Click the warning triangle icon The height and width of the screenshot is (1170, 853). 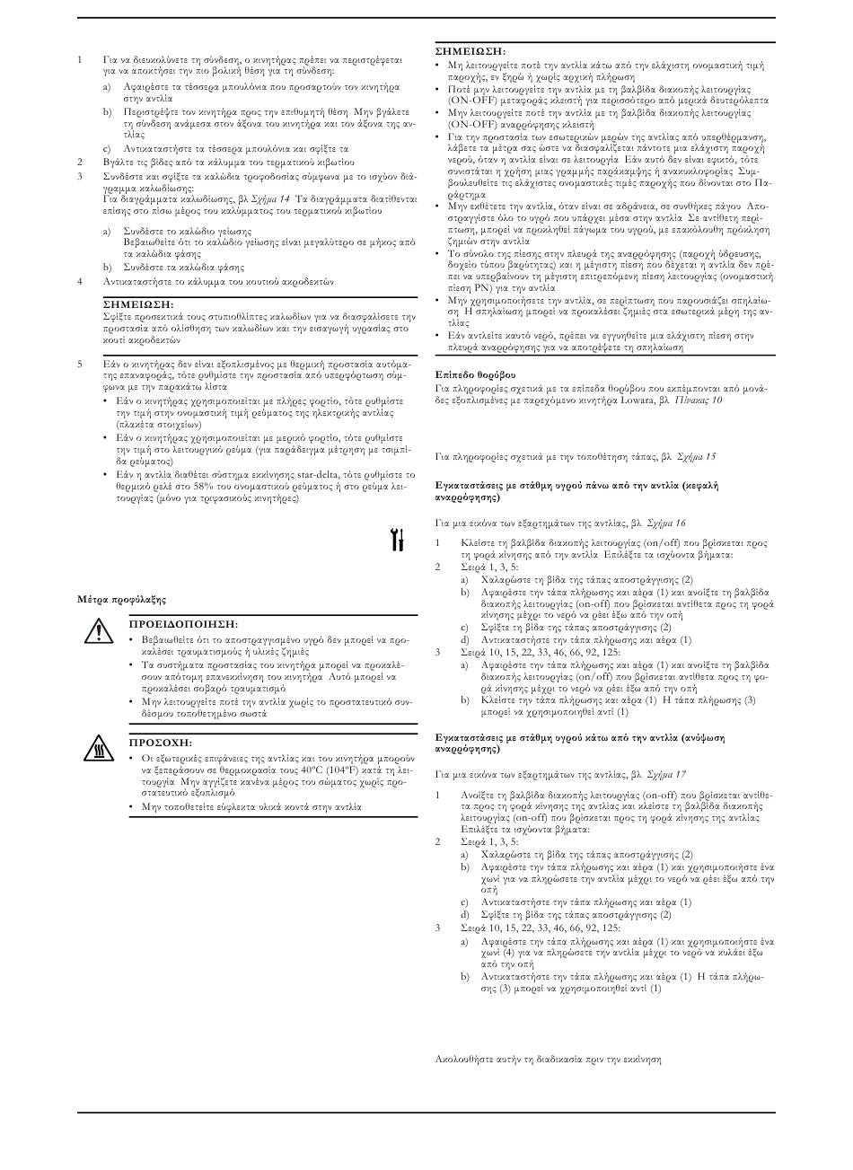tap(94, 632)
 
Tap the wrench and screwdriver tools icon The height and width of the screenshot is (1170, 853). tap(397, 540)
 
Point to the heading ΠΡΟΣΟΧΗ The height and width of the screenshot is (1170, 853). tap(160, 743)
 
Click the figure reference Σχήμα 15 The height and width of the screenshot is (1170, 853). tap(696, 456)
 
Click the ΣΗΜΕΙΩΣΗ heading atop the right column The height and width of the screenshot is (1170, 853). tap(470, 52)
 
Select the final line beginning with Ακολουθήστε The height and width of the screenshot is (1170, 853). tap(548, 1059)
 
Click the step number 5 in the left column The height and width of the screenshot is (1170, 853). tap(80, 365)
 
